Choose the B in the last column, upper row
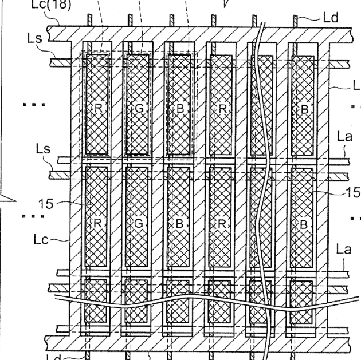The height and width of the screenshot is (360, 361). pos(304,109)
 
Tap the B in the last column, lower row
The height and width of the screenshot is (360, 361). pos(304,223)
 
